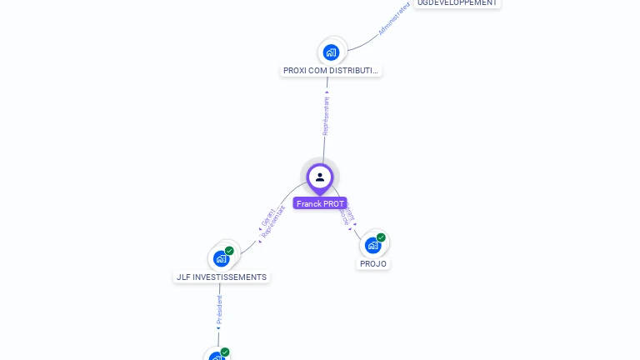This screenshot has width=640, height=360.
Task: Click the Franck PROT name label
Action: pyautogui.click(x=320, y=203)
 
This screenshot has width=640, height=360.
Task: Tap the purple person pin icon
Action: pyautogui.click(x=320, y=177)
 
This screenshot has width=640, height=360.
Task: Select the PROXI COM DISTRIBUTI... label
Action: pyautogui.click(x=331, y=71)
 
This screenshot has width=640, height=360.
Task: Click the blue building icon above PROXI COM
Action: pyautogui.click(x=331, y=52)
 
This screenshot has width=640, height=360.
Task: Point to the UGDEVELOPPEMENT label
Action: pyautogui.click(x=457, y=3)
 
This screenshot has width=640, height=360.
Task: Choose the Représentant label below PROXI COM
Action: pyautogui.click(x=327, y=115)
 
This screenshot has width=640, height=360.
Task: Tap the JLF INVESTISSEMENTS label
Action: pyautogui.click(x=222, y=277)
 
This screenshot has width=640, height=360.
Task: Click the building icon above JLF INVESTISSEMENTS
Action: pyautogui.click(x=221, y=258)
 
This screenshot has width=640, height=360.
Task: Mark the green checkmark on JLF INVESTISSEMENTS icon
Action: pyautogui.click(x=229, y=251)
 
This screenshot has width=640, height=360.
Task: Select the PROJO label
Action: pyautogui.click(x=373, y=263)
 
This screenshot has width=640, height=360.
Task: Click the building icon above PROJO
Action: pyautogui.click(x=372, y=245)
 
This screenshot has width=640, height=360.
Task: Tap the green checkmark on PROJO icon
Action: pyautogui.click(x=381, y=237)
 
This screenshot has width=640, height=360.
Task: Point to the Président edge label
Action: pyautogui.click(x=220, y=308)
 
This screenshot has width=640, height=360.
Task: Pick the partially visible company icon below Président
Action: pyautogui.click(x=217, y=357)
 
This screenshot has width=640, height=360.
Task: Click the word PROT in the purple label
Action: pyautogui.click(x=333, y=203)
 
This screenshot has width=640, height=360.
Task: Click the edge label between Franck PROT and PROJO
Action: pyautogui.click(x=347, y=215)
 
